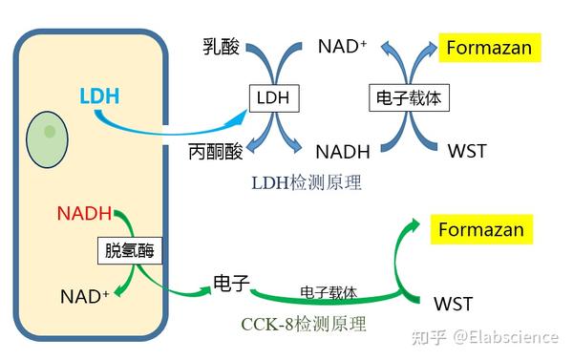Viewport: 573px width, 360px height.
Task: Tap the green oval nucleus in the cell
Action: pos(47,136)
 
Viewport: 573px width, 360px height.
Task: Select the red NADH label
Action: pos(84,212)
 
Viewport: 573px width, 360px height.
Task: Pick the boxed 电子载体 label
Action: pos(409,97)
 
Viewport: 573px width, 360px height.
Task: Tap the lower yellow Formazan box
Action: pos(480,230)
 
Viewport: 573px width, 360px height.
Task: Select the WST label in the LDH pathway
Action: pos(468,151)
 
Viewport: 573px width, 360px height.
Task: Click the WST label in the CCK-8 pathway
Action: pos(453,304)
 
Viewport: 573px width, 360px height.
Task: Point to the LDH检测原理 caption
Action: pos(305,181)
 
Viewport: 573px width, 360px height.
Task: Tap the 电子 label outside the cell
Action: pos(231,283)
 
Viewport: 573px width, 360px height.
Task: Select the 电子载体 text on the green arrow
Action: pos(329,291)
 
